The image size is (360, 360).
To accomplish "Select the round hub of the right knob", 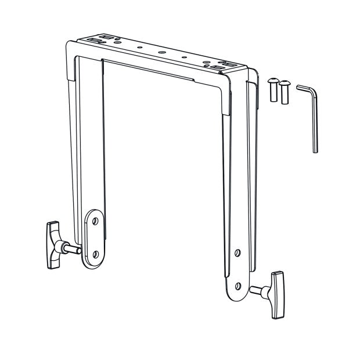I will pos(267,290).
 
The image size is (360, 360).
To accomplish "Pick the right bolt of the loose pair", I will pos(284,92).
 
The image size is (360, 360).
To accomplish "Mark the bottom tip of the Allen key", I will pos(315,152).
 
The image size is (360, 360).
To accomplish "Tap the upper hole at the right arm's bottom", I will pos(237,254).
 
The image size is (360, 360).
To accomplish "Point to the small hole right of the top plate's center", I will pos(184,56).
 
